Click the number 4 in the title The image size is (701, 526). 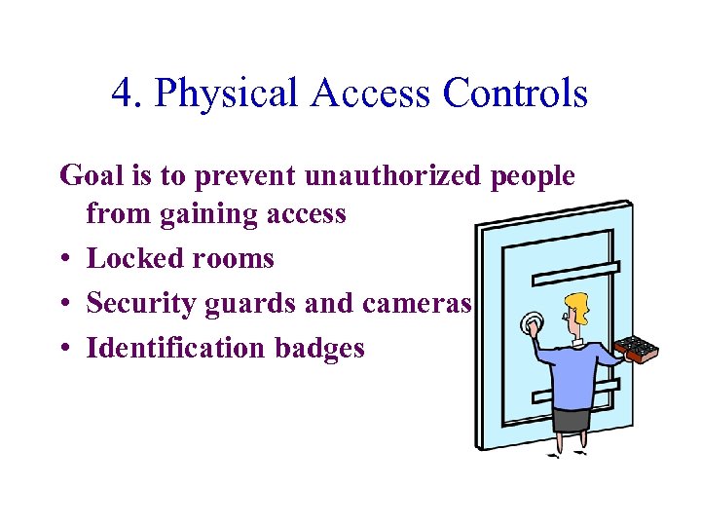[x=122, y=94]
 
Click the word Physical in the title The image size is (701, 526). [x=225, y=94]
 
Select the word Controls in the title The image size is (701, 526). [x=515, y=94]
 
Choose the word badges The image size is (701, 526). [x=317, y=349]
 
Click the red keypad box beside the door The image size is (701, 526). [x=635, y=348]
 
